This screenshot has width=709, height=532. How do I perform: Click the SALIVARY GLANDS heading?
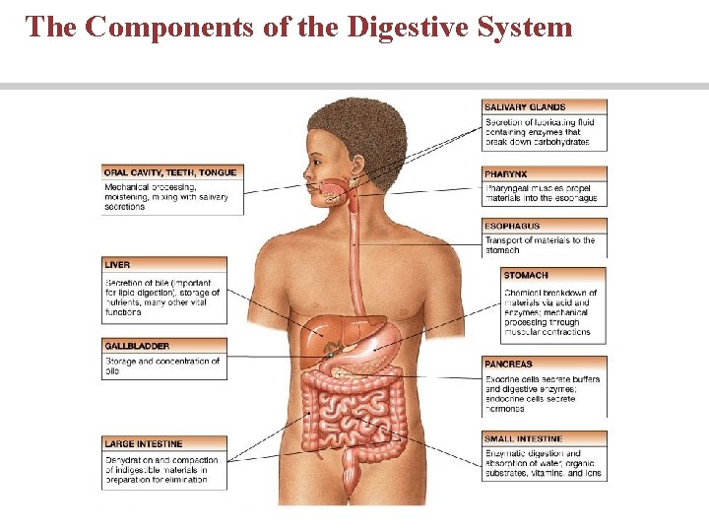click(x=525, y=106)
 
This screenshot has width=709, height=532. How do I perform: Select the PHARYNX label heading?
click(x=507, y=173)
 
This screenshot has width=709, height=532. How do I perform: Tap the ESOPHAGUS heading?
click(x=512, y=227)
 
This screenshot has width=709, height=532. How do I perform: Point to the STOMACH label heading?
click(x=526, y=275)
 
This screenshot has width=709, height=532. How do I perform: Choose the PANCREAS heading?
click(x=508, y=365)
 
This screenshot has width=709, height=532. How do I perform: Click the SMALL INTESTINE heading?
click(x=524, y=438)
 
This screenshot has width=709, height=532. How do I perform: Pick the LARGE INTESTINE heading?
click(x=144, y=443)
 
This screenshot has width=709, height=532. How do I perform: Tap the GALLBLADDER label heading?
click(x=137, y=347)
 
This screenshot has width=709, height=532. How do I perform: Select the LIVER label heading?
click(x=117, y=265)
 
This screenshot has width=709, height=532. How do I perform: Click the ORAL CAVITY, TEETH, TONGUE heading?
click(x=169, y=172)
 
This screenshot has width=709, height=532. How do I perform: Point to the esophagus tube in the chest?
click(x=354, y=256)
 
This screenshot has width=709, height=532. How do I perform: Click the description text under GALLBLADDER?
click(x=162, y=366)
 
